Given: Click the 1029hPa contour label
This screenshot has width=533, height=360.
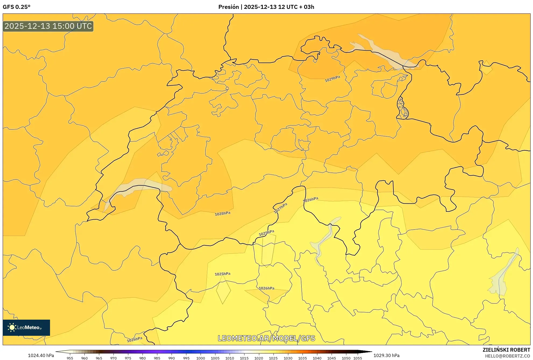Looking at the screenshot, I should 332,79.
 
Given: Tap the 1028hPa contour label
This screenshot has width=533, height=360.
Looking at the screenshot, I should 222,214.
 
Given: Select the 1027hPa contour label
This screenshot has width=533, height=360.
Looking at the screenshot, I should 280,208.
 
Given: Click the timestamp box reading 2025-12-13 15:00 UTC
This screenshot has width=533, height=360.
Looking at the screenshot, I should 48,26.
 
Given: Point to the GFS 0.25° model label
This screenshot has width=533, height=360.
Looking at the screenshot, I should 17,7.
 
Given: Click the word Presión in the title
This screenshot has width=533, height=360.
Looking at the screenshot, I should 228,7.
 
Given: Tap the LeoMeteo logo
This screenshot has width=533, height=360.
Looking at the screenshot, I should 26,327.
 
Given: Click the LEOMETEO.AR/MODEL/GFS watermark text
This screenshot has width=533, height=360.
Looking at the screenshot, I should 266,338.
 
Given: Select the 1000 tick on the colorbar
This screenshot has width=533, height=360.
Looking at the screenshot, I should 201,358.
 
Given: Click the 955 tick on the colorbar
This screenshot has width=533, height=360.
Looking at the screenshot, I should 70,358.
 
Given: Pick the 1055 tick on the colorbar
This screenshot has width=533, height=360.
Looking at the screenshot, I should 357,358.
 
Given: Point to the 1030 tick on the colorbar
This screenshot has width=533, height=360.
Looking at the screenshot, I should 288,358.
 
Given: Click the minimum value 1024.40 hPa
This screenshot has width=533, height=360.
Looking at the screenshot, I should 41,355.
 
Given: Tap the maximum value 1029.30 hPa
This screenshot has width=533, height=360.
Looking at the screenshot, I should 386,355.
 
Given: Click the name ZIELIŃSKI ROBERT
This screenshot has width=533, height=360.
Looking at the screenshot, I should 506,350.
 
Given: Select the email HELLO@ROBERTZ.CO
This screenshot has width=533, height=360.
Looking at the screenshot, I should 508,356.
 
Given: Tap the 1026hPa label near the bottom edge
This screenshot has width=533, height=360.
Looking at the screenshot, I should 134,340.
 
